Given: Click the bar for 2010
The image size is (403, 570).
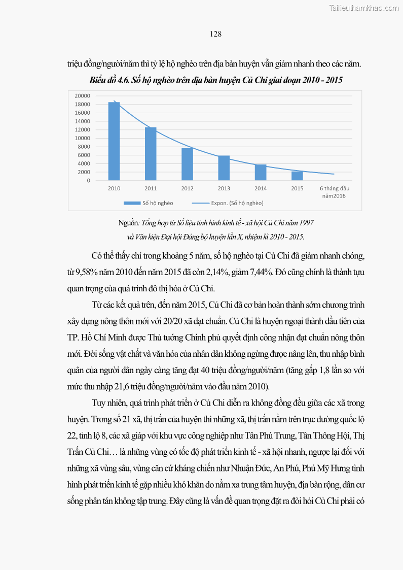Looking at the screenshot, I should (114, 142).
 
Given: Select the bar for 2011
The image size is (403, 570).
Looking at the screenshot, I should (151, 154).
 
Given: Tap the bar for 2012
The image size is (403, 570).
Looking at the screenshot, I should (187, 164).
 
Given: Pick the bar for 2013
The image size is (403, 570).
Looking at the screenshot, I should (224, 168).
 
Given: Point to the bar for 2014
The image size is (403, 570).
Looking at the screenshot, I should (261, 173).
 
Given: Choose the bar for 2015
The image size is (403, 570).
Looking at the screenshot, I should (297, 176).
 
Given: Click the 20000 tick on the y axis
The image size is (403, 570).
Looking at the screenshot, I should (82, 96).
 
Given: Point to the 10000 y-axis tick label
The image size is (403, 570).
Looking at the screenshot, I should (82, 138).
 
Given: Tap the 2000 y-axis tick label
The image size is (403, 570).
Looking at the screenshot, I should (84, 172).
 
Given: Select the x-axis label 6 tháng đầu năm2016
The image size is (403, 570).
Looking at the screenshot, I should (334, 192).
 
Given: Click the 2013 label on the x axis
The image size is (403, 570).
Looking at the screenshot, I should (224, 189).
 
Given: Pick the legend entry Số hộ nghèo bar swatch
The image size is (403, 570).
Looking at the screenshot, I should (132, 203).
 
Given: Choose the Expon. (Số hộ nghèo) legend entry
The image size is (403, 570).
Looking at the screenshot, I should (228, 203).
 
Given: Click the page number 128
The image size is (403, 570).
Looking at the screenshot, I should (215, 34).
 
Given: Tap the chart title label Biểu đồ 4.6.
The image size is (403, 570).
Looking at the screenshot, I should (110, 80).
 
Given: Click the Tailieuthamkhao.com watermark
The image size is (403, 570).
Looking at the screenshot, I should (364, 8).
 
